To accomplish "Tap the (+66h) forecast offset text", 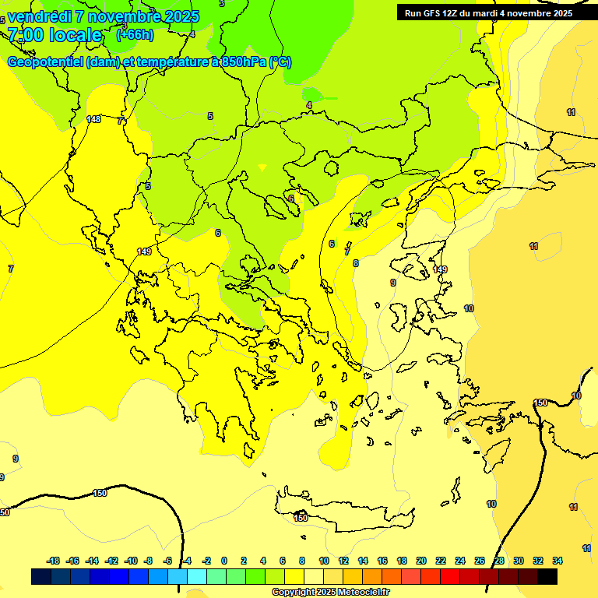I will tap(135, 34).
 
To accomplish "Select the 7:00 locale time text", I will tap(55, 35).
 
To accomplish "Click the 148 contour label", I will tap(93, 119).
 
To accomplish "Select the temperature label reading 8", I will tap(356, 263).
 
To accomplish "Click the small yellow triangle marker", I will tap(262, 167).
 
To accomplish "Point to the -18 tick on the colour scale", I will tap(53, 561).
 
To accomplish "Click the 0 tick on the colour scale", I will tap(223, 561).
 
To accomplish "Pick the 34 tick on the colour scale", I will tap(558, 561).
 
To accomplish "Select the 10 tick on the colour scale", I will tap(324, 561).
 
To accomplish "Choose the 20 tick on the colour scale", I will tap(420, 561).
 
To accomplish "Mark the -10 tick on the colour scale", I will tap(130, 561).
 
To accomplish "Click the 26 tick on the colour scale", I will tap(480, 561).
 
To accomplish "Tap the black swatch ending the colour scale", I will tap(547, 577).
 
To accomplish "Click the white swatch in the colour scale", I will tap(314, 577).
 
